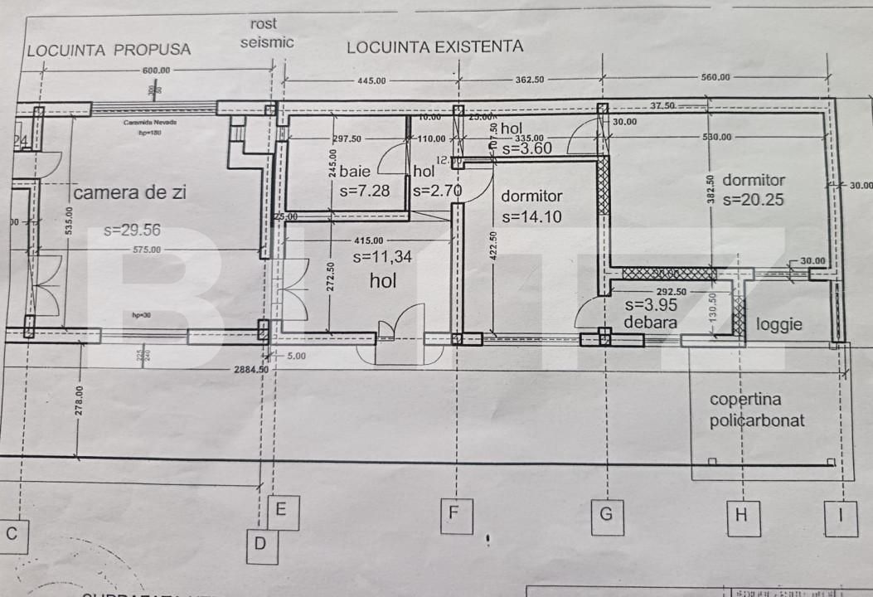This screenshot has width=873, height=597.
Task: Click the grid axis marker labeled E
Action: tap(283, 512)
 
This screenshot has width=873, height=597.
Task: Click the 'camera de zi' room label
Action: tap(130, 193)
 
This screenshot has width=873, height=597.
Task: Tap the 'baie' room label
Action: tap(355, 172)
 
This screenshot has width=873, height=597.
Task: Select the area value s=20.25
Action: tap(753, 200)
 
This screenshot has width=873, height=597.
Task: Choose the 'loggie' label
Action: tap(779, 324)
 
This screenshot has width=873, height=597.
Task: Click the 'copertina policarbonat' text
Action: tap(757, 410)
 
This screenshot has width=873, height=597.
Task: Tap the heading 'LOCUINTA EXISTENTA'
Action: tap(435, 46)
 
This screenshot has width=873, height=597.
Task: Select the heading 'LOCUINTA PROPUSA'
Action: tap(109, 50)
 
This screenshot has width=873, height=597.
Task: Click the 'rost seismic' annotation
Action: tap(266, 33)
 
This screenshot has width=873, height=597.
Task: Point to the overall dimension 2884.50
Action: tap(252, 369)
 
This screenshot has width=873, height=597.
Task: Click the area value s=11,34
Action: tap(382, 257)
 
